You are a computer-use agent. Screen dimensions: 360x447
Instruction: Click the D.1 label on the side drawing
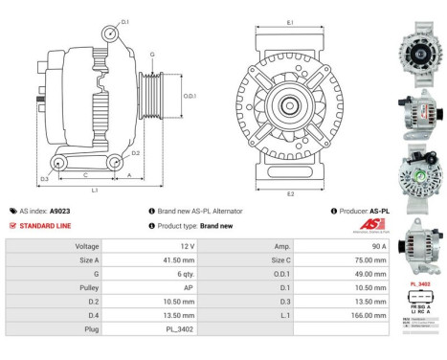[125, 20]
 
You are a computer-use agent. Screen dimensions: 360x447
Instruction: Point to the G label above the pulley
[150, 55]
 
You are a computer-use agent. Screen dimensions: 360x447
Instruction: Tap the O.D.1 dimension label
[190, 96]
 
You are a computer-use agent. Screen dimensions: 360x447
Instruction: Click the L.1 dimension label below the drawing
[95, 190]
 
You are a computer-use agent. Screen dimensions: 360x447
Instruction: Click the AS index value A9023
[59, 211]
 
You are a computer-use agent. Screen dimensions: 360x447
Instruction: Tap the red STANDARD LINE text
[46, 226]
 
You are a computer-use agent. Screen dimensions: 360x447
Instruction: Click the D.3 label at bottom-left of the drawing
[44, 179]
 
